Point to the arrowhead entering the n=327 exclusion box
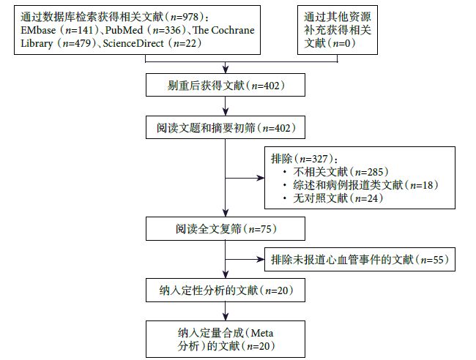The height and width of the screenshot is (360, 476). (263, 177)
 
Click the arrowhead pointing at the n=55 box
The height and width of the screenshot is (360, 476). (263, 259)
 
